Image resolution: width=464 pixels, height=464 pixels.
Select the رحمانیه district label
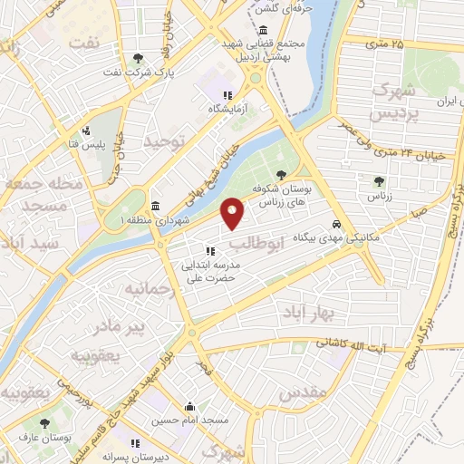point(148,289)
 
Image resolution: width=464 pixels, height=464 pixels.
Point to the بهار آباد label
point(333,313)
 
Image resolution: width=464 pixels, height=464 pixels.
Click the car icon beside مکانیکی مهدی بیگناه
point(336,224)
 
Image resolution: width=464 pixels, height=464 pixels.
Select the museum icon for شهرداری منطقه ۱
point(156,205)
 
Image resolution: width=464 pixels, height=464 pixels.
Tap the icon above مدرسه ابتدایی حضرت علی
point(209,251)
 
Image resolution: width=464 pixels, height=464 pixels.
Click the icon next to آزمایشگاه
point(229,95)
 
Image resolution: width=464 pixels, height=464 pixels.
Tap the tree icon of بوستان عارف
point(44,423)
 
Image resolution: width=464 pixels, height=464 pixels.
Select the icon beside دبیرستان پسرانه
point(136,443)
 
